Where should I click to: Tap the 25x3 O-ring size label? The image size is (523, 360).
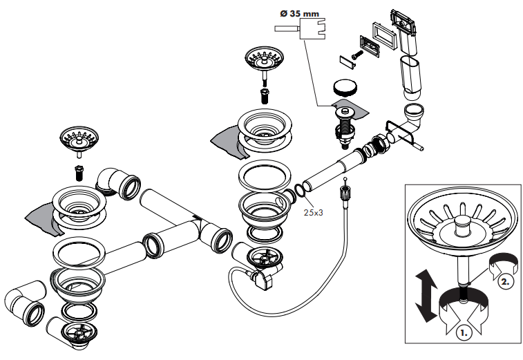pyautogui.click(x=314, y=212)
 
